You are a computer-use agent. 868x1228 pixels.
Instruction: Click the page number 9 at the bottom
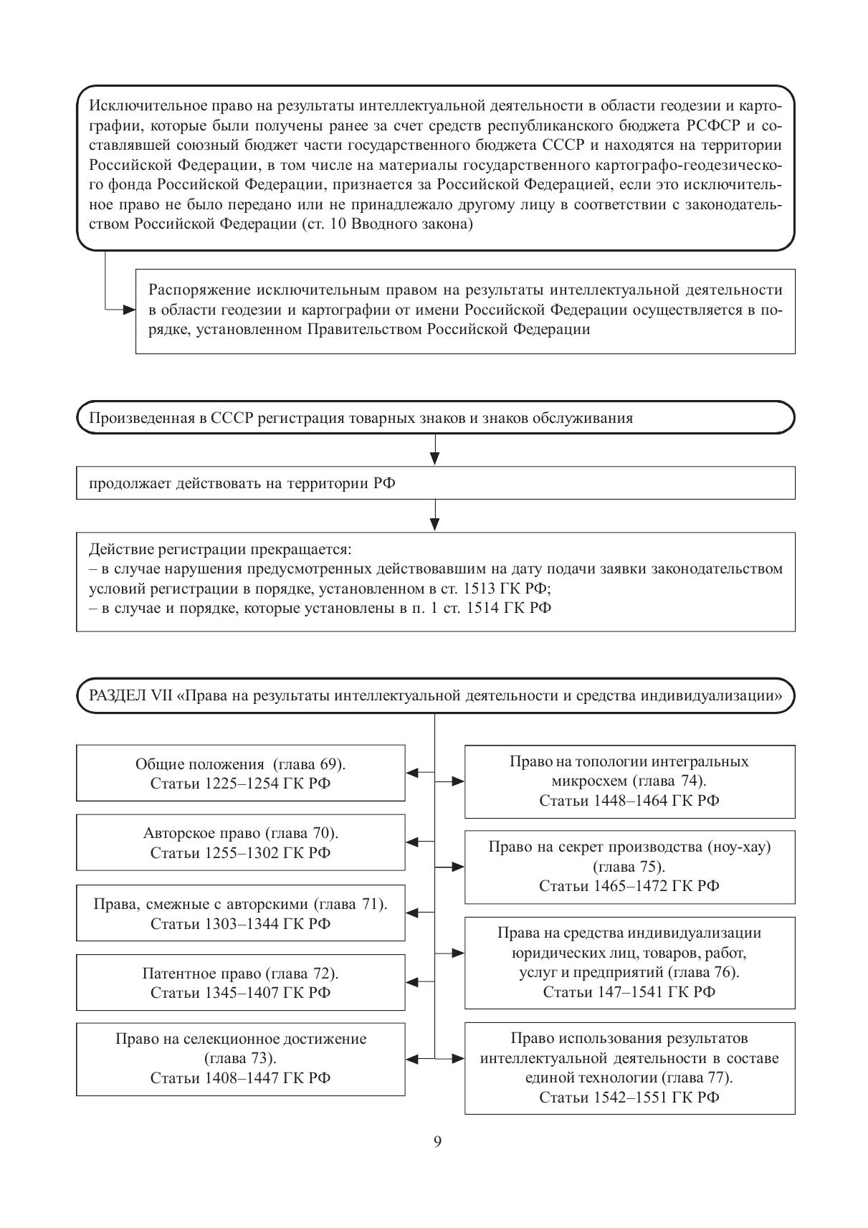[x=437, y=1142]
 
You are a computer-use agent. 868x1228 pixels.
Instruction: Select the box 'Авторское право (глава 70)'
[x=240, y=842]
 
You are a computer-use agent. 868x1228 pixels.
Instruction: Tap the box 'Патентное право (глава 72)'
[x=240, y=982]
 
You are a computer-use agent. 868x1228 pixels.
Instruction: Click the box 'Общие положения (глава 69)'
[x=240, y=773]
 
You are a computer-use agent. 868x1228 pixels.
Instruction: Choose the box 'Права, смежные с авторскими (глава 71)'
[x=240, y=913]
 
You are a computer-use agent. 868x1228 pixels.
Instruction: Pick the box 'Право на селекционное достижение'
[x=240, y=1058]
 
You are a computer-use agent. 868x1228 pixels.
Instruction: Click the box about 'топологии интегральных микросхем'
[x=629, y=781]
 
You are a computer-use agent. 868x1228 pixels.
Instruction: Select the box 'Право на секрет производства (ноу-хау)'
[x=629, y=866]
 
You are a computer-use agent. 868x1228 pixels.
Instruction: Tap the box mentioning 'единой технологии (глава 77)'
[x=629, y=1067]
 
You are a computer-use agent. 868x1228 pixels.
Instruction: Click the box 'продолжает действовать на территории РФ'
[x=435, y=482]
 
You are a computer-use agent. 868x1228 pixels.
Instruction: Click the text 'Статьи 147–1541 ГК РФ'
[x=629, y=992]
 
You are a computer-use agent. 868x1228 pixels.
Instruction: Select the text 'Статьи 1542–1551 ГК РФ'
[x=629, y=1098]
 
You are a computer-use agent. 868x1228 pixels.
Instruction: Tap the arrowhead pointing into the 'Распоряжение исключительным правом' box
[x=129, y=310]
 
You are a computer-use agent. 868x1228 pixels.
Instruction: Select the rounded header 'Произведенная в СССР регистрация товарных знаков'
[x=435, y=417]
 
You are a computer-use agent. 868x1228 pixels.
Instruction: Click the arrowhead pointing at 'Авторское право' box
[x=412, y=842]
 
